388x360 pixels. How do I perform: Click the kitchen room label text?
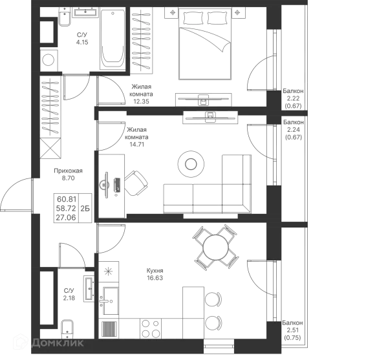click(x=154, y=275)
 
